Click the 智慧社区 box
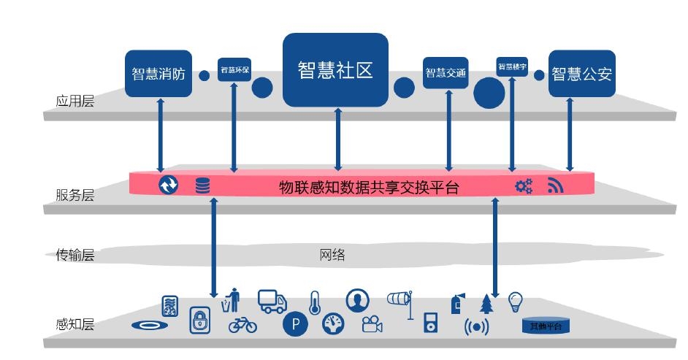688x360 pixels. pyautogui.click(x=335, y=69)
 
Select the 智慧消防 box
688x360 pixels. pyautogui.click(x=158, y=73)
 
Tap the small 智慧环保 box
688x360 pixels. pyautogui.click(x=234, y=70)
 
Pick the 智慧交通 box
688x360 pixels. pyautogui.click(x=446, y=73)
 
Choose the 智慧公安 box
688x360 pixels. pyautogui.click(x=581, y=73)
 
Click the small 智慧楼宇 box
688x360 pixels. pyautogui.click(x=512, y=66)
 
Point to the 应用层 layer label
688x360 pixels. pyautogui.click(x=75, y=101)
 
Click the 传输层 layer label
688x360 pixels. pyautogui.click(x=75, y=255)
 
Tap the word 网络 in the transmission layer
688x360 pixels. pyautogui.click(x=332, y=255)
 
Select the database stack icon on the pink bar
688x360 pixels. pyautogui.click(x=202, y=185)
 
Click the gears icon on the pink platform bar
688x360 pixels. pyautogui.click(x=524, y=186)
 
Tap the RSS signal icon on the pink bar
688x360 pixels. pyautogui.click(x=556, y=185)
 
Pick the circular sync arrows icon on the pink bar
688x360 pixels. pyautogui.click(x=169, y=185)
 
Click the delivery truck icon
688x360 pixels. pyautogui.click(x=272, y=301)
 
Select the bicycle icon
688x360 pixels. pyautogui.click(x=242, y=324)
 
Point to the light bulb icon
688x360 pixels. pyautogui.click(x=516, y=301)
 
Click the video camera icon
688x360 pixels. pyautogui.click(x=372, y=324)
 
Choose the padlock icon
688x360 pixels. pyautogui.click(x=200, y=320)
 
